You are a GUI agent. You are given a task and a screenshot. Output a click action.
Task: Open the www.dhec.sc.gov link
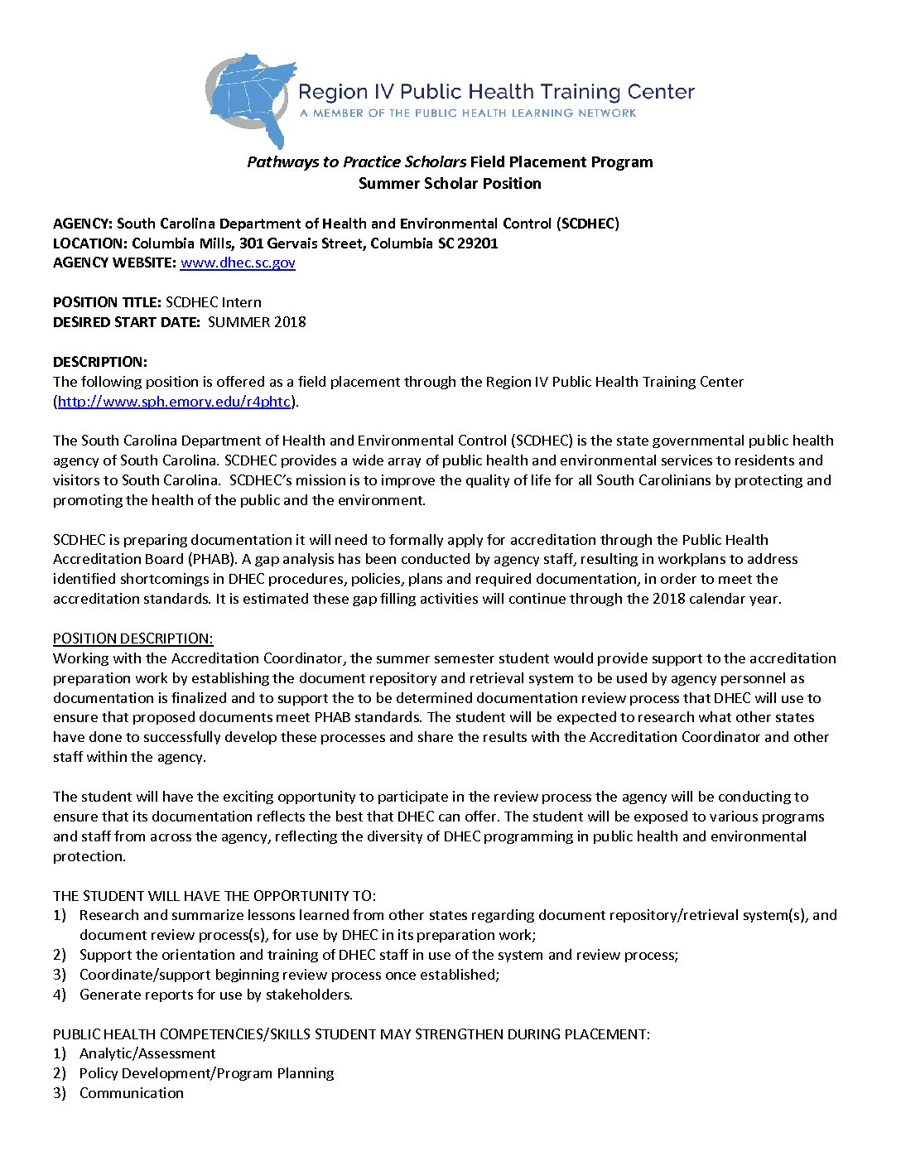tap(238, 263)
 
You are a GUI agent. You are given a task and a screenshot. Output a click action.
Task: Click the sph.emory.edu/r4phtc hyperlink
tap(174, 402)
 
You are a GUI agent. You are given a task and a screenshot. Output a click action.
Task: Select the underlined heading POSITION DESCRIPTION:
tap(132, 638)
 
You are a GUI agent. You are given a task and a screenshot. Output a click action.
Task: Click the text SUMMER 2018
tap(257, 322)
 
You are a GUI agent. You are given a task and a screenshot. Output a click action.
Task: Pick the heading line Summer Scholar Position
tap(450, 184)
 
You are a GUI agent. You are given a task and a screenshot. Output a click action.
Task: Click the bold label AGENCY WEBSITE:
tap(114, 263)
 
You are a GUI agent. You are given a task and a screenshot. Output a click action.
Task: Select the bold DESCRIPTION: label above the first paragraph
tap(100, 362)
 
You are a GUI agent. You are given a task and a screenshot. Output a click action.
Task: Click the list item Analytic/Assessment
tap(147, 1053)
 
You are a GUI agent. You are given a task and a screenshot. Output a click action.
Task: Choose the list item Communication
tap(132, 1093)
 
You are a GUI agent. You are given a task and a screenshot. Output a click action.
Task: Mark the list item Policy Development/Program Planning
tap(206, 1073)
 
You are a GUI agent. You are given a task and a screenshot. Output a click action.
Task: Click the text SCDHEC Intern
tap(214, 302)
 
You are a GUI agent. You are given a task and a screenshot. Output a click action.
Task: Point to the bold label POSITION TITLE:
tap(107, 302)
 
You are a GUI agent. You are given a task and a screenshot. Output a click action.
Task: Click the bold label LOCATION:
tap(90, 243)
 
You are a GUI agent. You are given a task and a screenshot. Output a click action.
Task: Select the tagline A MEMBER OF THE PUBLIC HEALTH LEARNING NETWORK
tap(468, 113)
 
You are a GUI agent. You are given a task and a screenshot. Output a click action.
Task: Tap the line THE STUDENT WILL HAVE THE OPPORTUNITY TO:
tap(214, 896)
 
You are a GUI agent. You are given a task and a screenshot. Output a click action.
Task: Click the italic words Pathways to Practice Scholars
tap(356, 162)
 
